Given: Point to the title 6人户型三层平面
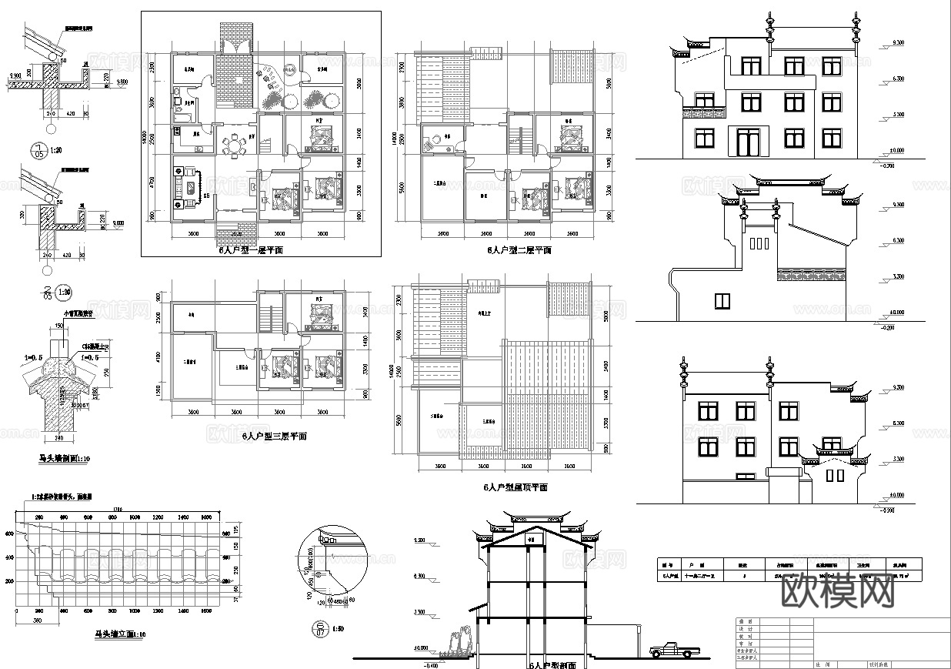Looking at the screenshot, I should (x=274, y=436).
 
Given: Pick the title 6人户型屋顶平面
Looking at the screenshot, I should (x=515, y=487).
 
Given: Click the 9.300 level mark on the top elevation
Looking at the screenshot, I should (x=898, y=43).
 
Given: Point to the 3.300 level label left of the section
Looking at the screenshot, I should (x=420, y=612).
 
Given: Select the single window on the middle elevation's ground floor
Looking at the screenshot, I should (x=722, y=299).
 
